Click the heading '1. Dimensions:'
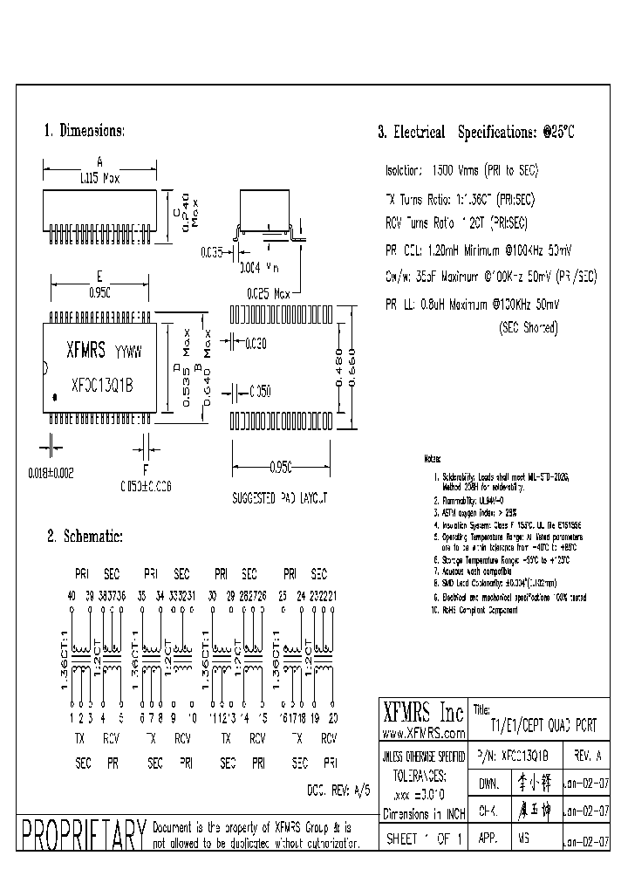[85, 131]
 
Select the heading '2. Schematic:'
[85, 537]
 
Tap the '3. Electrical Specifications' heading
[476, 133]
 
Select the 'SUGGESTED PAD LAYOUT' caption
[280, 499]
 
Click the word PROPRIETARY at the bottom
[83, 836]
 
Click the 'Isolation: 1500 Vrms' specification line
[462, 171]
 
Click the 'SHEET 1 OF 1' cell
[424, 837]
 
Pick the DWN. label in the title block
[488, 784]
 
